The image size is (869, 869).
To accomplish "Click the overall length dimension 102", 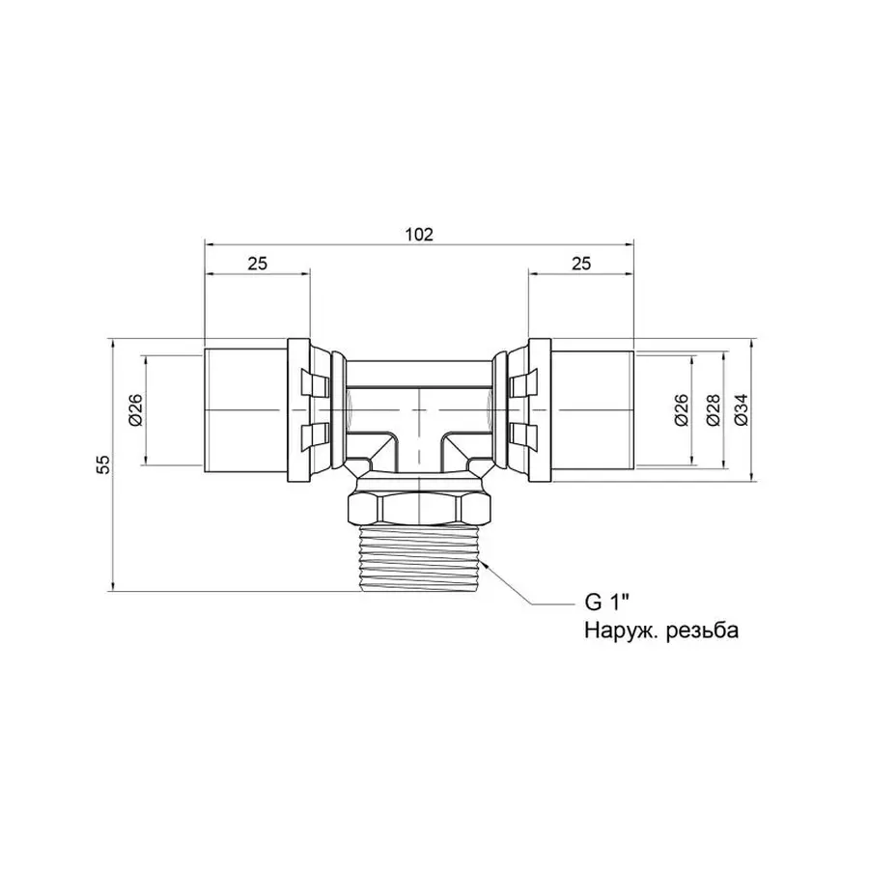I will [418, 234].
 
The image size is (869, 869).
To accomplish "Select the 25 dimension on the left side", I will [257, 263].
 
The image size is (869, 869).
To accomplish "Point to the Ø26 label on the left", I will [135, 410].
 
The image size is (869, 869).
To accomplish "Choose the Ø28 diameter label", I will [713, 410].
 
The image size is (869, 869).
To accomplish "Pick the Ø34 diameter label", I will [742, 410].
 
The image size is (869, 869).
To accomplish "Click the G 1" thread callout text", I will [607, 603].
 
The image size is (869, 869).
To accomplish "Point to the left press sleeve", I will [246, 410].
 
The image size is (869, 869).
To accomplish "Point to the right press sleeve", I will [591, 410].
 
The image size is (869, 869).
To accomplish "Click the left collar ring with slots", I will [311, 410].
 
